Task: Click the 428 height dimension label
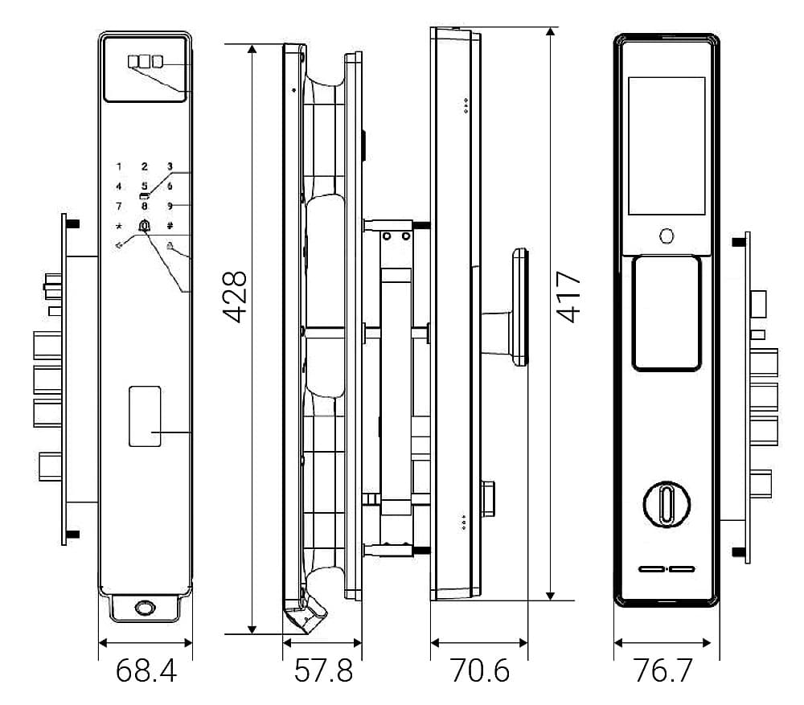point(235,297)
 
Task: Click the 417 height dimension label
point(568,297)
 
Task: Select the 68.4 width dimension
point(146,670)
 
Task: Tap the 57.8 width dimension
point(323,670)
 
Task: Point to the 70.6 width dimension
point(480,670)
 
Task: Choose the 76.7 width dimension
point(663,670)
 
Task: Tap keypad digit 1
point(119,166)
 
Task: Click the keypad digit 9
point(170,206)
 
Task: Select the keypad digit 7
point(119,206)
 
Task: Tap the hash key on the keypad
point(170,226)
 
